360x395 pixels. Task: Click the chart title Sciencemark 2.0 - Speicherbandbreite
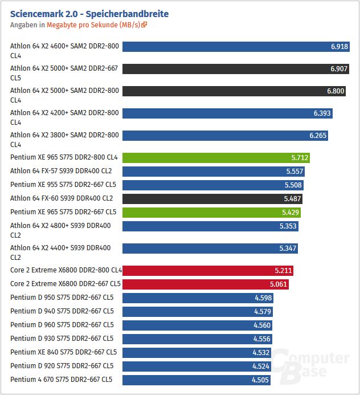click(x=89, y=14)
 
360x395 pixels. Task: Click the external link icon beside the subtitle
click(x=145, y=25)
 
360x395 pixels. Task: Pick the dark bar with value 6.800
click(x=228, y=91)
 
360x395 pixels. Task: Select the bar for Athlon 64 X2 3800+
click(x=225, y=136)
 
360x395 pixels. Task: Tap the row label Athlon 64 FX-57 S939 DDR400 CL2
click(x=62, y=171)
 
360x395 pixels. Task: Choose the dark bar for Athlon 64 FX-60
click(x=212, y=198)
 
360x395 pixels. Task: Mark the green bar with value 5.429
click(x=211, y=212)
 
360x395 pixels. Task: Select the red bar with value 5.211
click(x=208, y=270)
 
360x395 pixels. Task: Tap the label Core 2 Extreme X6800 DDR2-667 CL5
click(x=66, y=284)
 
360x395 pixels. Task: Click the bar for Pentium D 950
click(x=198, y=298)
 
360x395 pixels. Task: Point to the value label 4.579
click(x=263, y=311)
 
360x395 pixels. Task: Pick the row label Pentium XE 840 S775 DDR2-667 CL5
click(x=63, y=352)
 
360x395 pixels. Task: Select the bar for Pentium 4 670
click(x=197, y=380)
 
